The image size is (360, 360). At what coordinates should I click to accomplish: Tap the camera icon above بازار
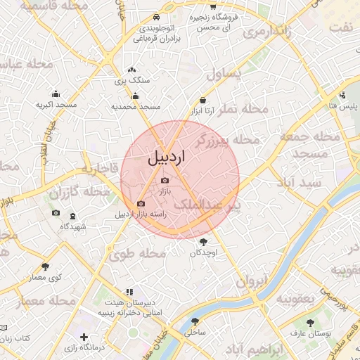[165, 181]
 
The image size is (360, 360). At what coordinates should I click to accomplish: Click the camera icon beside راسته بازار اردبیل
[141, 204]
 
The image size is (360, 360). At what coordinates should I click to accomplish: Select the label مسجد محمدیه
[136, 107]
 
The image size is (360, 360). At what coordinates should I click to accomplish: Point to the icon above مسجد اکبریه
[56, 94]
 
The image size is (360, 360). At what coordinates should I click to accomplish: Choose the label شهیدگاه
[72, 226]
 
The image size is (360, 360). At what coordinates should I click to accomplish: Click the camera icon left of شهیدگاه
[56, 213]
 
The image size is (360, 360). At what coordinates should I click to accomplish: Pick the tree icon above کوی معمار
[46, 266]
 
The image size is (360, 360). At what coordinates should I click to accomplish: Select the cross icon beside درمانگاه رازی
[84, 338]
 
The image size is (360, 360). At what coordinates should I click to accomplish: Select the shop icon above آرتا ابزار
[203, 100]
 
